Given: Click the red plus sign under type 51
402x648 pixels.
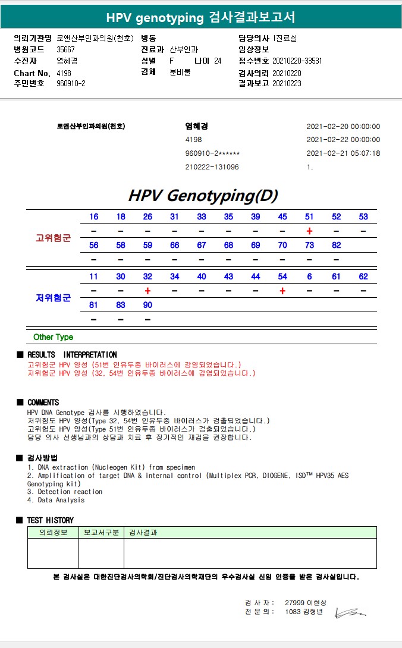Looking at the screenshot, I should (x=309, y=231).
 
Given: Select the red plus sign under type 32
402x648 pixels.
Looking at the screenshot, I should (x=147, y=291).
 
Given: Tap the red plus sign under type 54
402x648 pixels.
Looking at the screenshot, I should (x=282, y=291).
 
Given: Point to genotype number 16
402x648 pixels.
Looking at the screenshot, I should (x=94, y=217).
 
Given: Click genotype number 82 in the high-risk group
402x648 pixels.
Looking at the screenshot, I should (x=337, y=246).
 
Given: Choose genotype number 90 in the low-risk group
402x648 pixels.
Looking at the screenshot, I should (x=147, y=305).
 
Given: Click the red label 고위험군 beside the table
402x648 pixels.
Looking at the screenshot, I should (x=53, y=238).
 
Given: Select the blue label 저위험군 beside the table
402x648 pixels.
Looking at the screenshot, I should (x=53, y=298).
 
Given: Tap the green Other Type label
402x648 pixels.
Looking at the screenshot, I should (x=53, y=337).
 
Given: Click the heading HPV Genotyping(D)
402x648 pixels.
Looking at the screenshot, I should (x=203, y=195).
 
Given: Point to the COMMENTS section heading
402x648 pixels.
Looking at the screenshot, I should (x=43, y=402).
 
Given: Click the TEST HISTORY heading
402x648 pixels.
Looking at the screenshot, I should (x=50, y=520).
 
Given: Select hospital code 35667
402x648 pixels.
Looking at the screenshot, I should (x=66, y=49).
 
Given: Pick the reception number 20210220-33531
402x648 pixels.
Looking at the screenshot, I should (x=297, y=61).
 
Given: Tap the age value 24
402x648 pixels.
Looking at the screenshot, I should (x=218, y=61).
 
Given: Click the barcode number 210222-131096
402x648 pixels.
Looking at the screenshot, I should (x=212, y=167).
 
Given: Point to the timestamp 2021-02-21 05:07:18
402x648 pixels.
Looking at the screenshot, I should (x=343, y=153).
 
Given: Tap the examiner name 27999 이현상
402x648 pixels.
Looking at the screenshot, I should (x=306, y=603).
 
